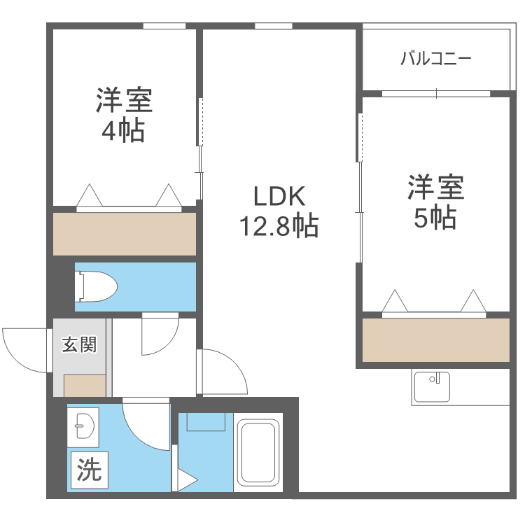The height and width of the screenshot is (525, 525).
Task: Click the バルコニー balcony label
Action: click(435, 58)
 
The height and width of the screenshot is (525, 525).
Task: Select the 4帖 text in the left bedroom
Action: click(123, 130)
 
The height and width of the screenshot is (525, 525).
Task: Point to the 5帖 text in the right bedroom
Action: click(435, 218)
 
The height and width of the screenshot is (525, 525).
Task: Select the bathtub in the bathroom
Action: click(259, 451)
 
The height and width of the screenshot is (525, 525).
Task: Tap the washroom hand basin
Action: click(84, 425)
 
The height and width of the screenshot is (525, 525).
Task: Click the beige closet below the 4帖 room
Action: click(125, 234)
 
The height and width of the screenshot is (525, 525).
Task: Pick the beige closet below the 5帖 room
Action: click(435, 340)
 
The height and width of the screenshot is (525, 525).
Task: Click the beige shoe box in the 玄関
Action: click(85, 386)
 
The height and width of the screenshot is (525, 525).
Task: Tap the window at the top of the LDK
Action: click(273, 27)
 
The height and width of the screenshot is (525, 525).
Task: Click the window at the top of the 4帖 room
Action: click(164, 27)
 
